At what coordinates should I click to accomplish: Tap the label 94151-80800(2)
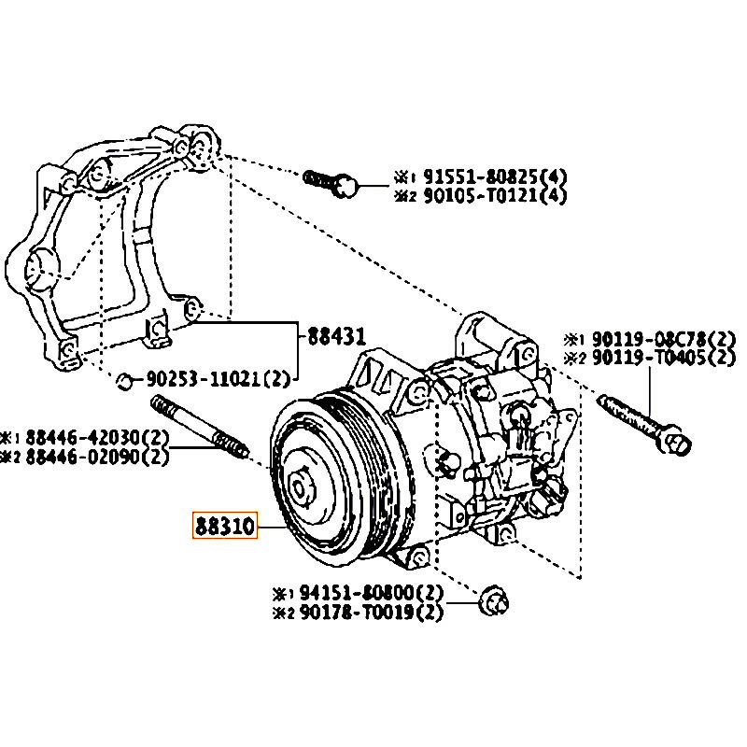pos(371,593)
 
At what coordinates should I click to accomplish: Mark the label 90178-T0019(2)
pos(371,612)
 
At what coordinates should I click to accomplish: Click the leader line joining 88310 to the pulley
pos(268,528)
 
